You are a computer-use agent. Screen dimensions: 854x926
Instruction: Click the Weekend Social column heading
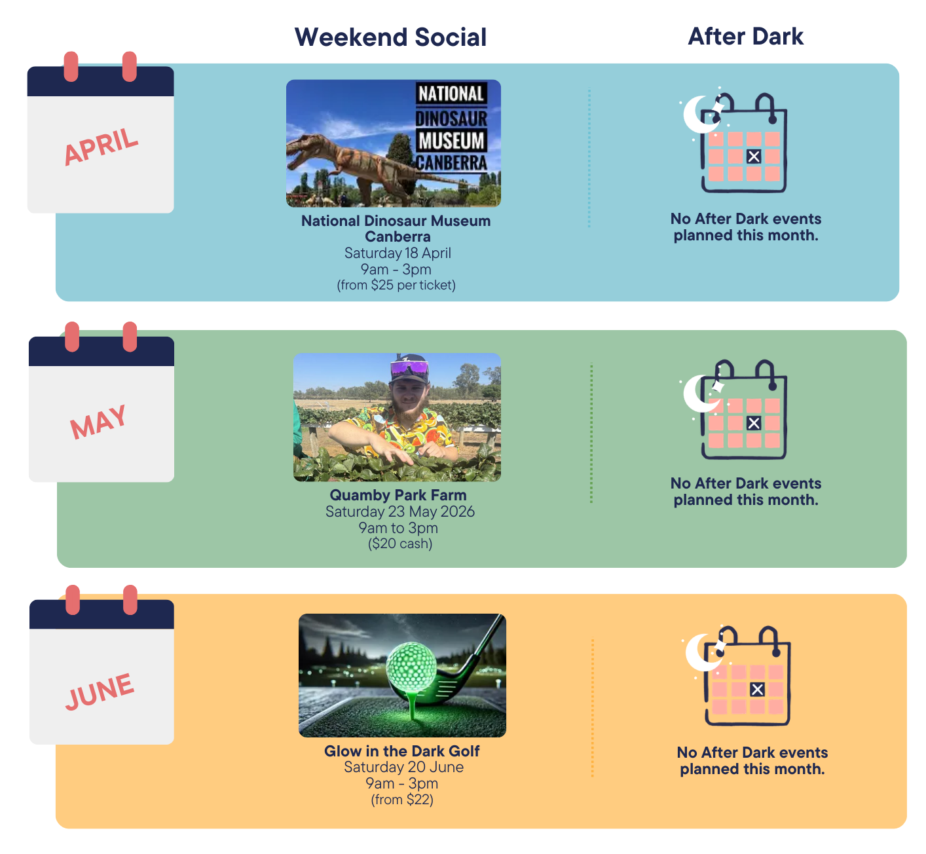(390, 37)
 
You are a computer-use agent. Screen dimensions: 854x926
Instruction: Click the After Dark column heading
(745, 37)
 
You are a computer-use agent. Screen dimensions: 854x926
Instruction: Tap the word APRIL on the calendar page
(102, 146)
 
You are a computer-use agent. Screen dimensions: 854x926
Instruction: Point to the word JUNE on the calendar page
(100, 691)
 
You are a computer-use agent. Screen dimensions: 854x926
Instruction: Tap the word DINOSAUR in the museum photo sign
(451, 119)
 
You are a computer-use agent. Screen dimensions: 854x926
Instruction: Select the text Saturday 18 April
(398, 253)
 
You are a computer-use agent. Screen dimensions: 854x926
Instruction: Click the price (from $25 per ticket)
(396, 285)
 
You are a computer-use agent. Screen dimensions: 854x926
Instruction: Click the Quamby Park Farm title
(398, 495)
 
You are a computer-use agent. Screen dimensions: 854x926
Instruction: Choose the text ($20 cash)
(399, 544)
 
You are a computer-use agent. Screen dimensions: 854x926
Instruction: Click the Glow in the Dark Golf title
(401, 751)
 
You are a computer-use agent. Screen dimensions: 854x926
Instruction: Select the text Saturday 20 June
(403, 767)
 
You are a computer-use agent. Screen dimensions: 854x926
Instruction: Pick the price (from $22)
(402, 800)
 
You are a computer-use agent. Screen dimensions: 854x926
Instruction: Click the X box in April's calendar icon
(754, 157)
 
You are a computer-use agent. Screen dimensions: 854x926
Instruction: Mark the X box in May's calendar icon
(754, 423)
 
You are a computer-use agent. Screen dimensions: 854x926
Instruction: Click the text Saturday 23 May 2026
(399, 511)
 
